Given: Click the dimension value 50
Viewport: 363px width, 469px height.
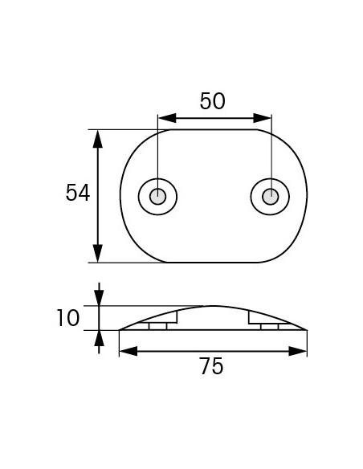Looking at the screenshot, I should (x=213, y=101).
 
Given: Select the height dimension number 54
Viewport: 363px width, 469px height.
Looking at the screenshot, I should (x=78, y=194).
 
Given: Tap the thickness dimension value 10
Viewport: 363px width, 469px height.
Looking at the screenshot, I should (x=68, y=318).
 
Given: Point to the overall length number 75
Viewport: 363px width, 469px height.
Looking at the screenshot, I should (x=211, y=367).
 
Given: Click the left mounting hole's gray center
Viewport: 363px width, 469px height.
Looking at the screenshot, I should (x=158, y=196).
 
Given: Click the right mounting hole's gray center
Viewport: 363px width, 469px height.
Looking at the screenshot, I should (x=271, y=196).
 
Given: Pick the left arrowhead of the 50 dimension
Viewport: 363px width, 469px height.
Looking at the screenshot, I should (x=164, y=119).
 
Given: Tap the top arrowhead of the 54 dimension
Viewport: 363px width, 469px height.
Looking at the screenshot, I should (x=98, y=137).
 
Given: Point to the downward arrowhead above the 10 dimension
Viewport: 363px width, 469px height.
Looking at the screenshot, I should (x=99, y=298).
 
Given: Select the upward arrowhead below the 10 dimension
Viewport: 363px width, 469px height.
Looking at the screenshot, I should (x=99, y=337).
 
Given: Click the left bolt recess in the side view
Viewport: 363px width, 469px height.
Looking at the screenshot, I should (x=157, y=326).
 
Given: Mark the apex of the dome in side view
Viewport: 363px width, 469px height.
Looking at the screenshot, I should (x=214, y=306).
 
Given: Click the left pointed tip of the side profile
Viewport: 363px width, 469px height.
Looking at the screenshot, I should (x=120, y=329).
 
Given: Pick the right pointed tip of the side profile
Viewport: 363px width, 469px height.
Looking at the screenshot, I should (x=306, y=329).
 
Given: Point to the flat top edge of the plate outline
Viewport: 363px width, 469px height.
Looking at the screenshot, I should (x=213, y=129).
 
